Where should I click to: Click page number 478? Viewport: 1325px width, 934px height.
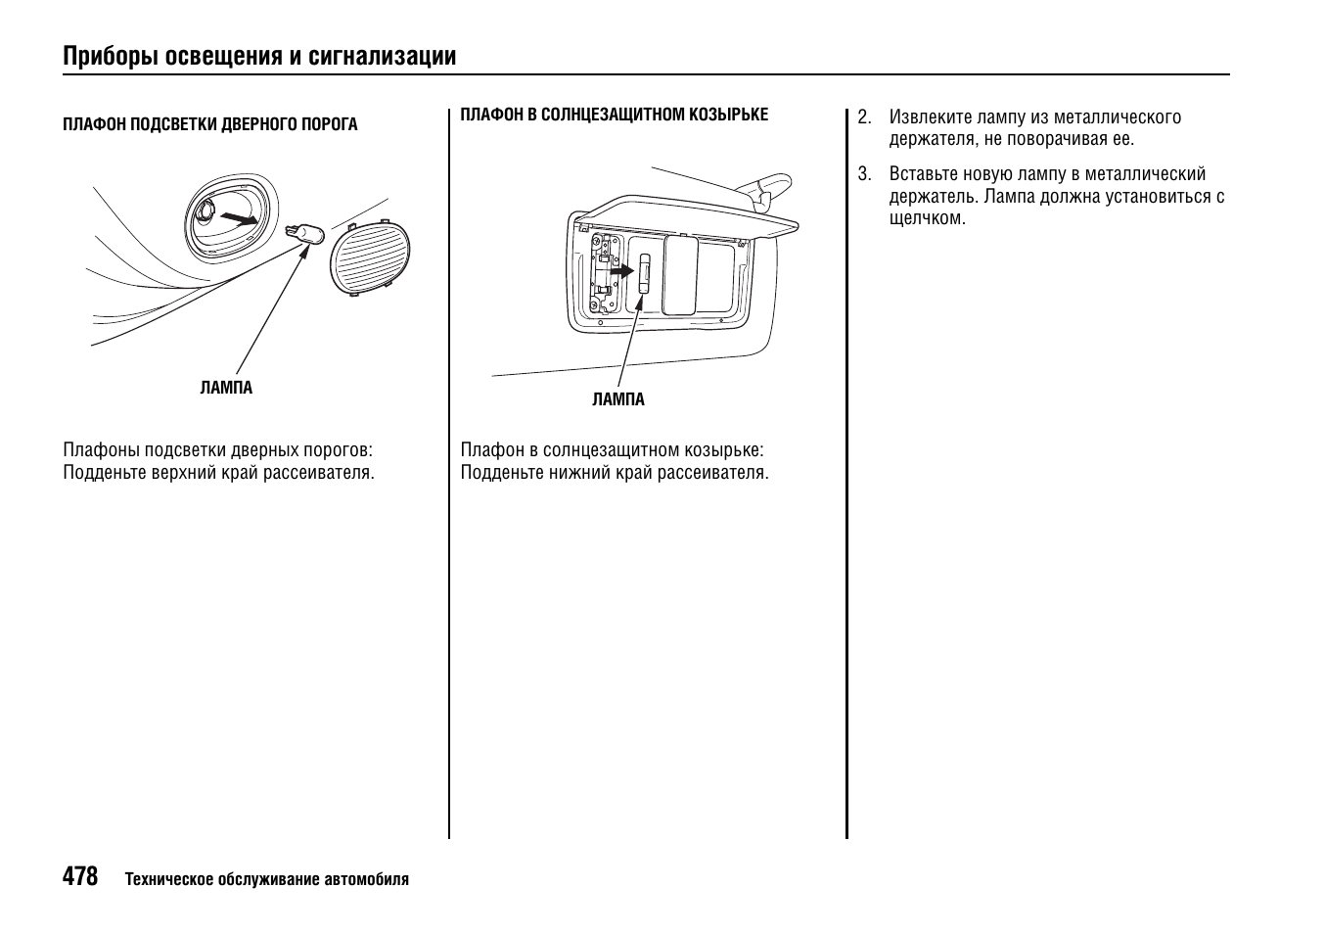(x=80, y=876)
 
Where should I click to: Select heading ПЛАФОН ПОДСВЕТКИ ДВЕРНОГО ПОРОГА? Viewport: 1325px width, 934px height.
(x=209, y=124)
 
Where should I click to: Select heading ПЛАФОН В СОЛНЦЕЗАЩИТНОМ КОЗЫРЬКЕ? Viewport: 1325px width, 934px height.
(x=614, y=115)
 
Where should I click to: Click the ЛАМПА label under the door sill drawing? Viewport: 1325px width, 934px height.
(x=226, y=388)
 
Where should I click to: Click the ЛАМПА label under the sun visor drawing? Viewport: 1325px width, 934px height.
(x=618, y=399)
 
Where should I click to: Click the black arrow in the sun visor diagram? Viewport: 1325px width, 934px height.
(x=621, y=268)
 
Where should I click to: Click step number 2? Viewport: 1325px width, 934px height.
(x=863, y=117)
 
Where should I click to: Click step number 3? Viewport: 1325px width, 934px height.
(x=863, y=174)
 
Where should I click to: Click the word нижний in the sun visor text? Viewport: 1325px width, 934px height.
(x=579, y=473)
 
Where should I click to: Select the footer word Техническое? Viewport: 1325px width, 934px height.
(x=164, y=879)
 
